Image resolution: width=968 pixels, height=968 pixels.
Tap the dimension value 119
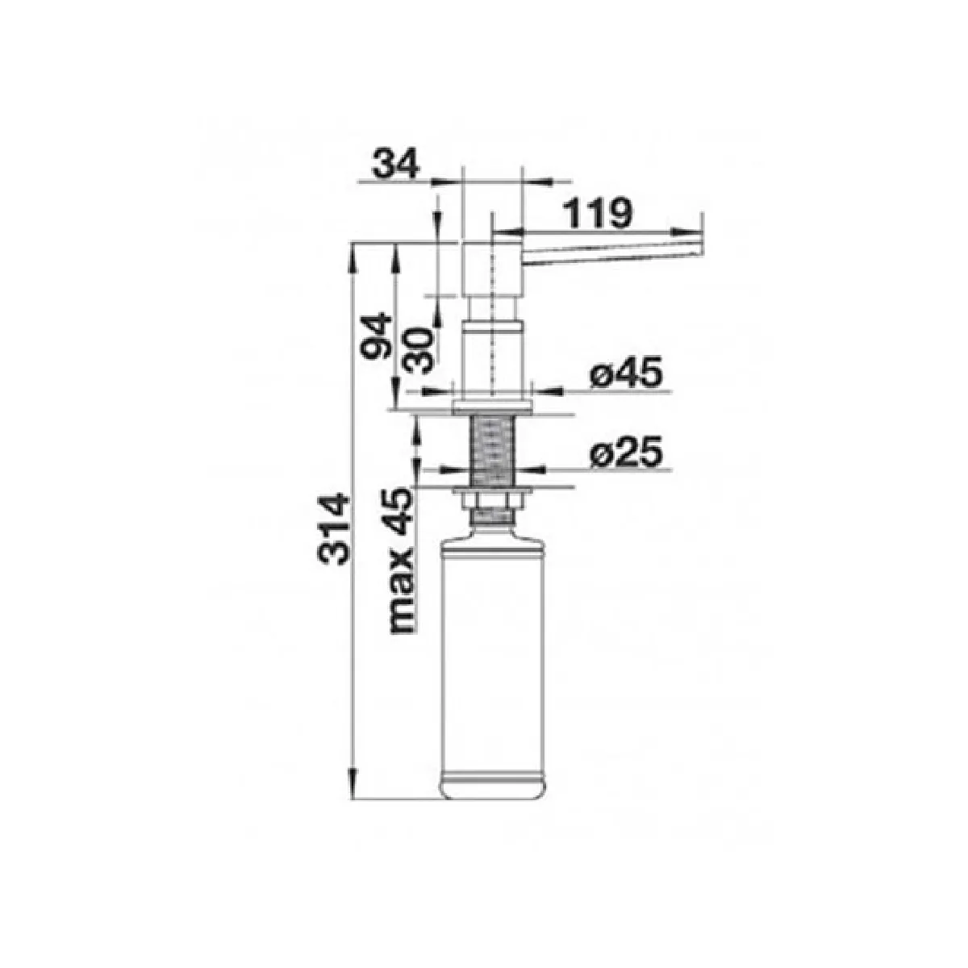click(x=596, y=212)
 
